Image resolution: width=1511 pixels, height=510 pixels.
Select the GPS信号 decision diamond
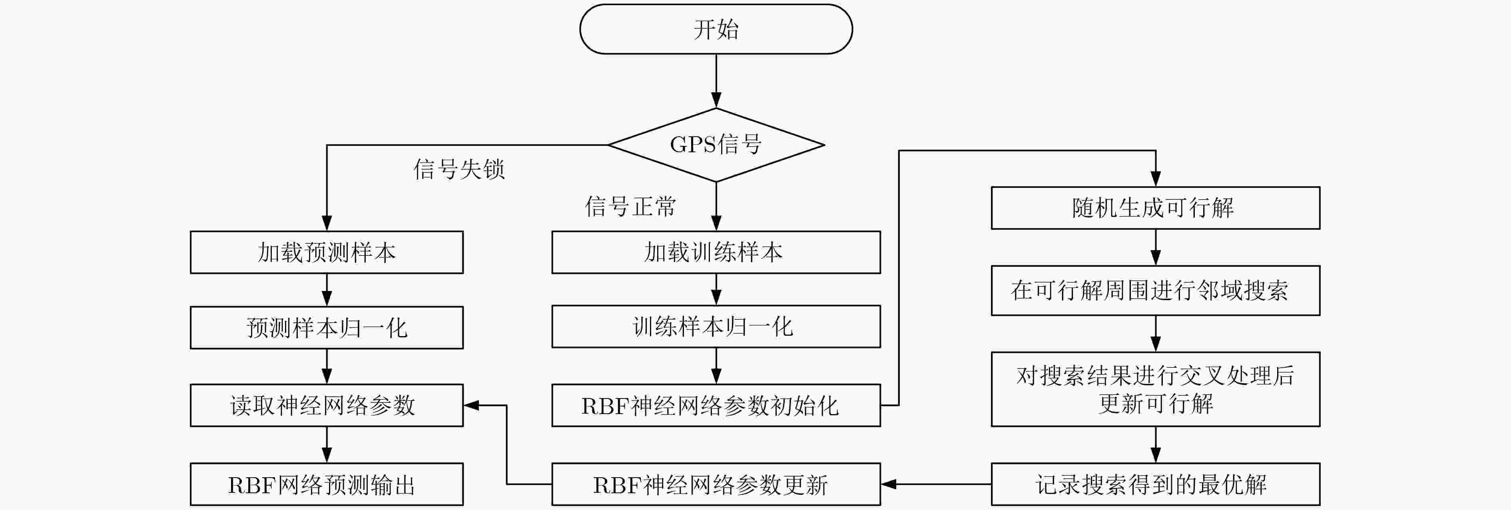tap(716, 145)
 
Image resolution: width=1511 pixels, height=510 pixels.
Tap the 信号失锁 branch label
tap(459, 169)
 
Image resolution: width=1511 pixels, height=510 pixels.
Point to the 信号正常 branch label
tap(630, 206)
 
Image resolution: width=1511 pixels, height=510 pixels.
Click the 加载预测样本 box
tap(327, 252)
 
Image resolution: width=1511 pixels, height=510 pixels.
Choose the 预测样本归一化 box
tap(327, 328)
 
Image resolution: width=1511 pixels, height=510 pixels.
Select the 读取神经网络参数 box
tap(327, 405)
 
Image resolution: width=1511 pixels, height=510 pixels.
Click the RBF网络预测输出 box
tap(327, 484)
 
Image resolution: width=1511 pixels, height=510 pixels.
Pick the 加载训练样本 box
tap(716, 252)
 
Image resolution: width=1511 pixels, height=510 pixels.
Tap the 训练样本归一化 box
tap(716, 327)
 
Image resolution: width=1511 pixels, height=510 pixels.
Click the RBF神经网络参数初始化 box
tap(716, 405)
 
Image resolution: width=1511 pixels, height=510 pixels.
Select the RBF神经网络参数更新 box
tap(716, 484)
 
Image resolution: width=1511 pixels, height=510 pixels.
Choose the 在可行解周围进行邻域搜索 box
tap(1156, 291)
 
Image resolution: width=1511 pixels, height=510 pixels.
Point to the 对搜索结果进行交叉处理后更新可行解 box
tap(1156, 389)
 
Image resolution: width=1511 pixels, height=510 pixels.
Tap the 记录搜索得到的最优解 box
tap(1156, 484)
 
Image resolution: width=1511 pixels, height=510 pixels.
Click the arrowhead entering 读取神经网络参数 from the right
tap(471, 405)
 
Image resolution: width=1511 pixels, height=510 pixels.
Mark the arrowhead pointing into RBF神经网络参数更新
tap(889, 484)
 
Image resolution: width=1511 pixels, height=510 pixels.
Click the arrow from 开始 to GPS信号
tap(716, 81)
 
